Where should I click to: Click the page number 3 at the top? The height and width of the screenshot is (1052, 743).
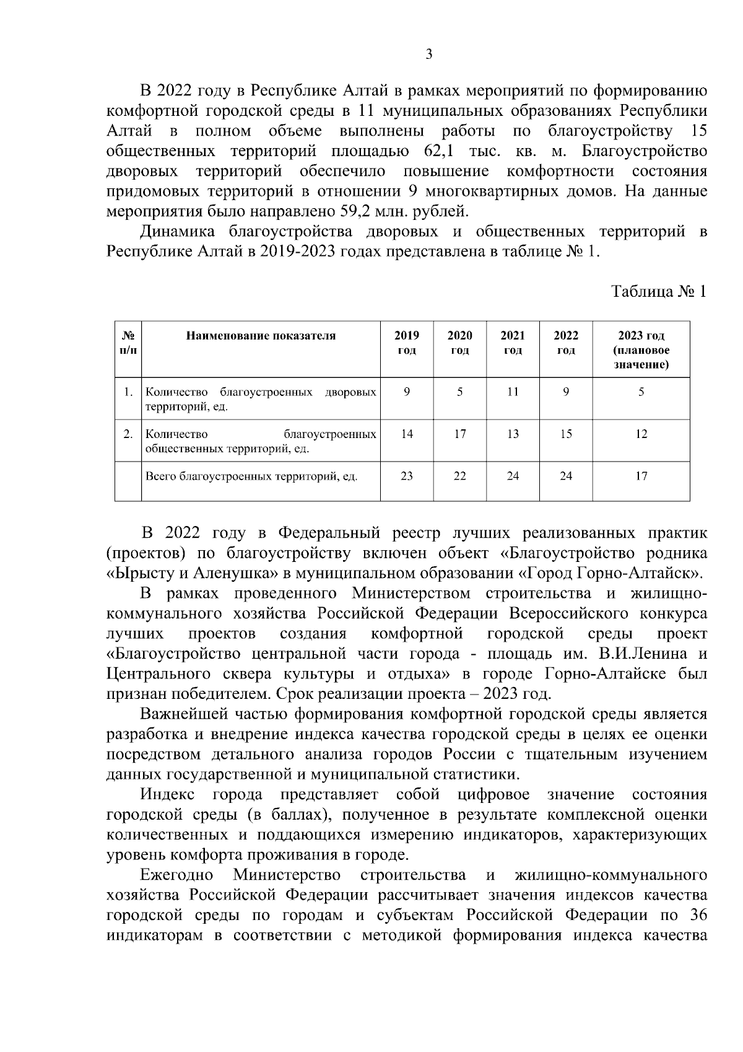coord(429,55)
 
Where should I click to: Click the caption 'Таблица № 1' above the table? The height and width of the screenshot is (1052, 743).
coord(658,291)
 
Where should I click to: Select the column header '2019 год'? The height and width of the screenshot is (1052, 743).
coord(406,343)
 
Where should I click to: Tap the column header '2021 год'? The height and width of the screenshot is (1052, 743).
coord(512,343)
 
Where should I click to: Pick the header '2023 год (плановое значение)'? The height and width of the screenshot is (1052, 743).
coord(641,350)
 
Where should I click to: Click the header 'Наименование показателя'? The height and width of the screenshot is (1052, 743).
coord(261,336)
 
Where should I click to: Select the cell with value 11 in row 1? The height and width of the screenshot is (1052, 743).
coord(512,392)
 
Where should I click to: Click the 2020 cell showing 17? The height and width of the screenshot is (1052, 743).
coord(459,434)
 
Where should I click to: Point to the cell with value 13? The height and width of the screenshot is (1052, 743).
coord(512,434)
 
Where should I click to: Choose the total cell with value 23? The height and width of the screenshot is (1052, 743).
coord(406,476)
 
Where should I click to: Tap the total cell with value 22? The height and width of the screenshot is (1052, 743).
coord(459,476)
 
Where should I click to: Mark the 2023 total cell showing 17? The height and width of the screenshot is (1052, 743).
coord(641,476)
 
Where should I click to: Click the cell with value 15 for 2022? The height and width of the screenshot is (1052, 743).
coord(565,434)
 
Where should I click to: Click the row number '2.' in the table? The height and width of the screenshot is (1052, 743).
coord(128,434)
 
